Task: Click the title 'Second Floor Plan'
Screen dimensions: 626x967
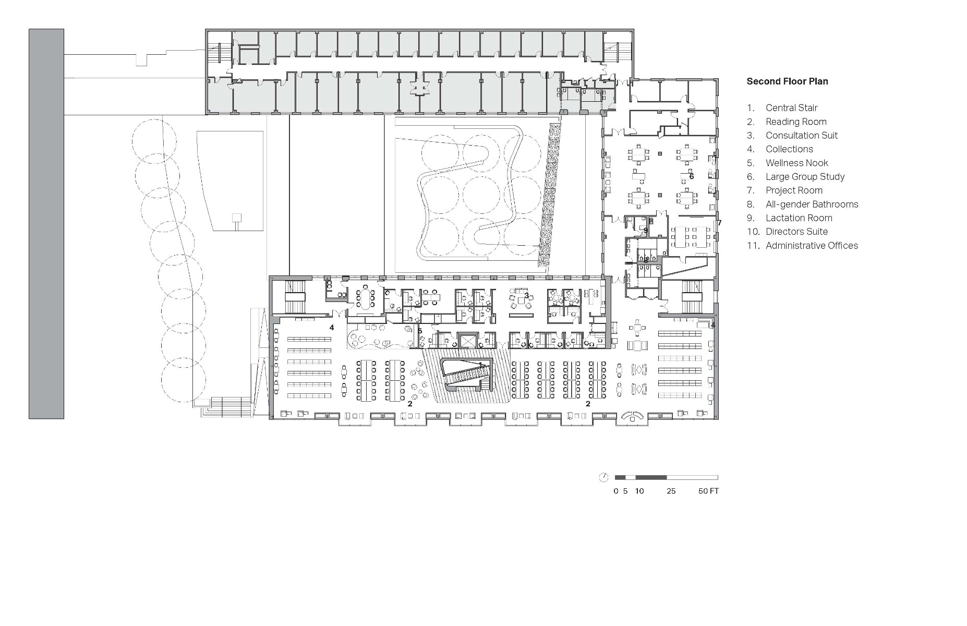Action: point(787,81)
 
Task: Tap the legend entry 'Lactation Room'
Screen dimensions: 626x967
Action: point(799,218)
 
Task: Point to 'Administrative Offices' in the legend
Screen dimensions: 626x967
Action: point(812,246)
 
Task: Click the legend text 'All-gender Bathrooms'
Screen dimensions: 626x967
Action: point(812,204)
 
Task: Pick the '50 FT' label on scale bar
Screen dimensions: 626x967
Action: point(708,491)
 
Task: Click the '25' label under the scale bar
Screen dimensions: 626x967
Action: point(671,491)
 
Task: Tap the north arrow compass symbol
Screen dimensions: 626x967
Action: point(603,477)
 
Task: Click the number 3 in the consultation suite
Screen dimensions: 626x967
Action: point(527,296)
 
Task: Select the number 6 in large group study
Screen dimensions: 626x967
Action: point(692,176)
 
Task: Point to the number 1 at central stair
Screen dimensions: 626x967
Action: point(480,365)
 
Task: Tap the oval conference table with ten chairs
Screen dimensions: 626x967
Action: point(365,298)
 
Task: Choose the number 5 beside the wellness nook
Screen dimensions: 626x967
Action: point(419,331)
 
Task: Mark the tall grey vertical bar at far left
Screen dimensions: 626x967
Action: point(46,224)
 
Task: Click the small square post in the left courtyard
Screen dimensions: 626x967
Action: point(237,218)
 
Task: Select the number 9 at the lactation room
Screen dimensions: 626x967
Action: point(645,230)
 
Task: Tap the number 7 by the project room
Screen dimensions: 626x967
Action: point(719,223)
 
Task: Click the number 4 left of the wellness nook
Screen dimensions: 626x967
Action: point(331,328)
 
